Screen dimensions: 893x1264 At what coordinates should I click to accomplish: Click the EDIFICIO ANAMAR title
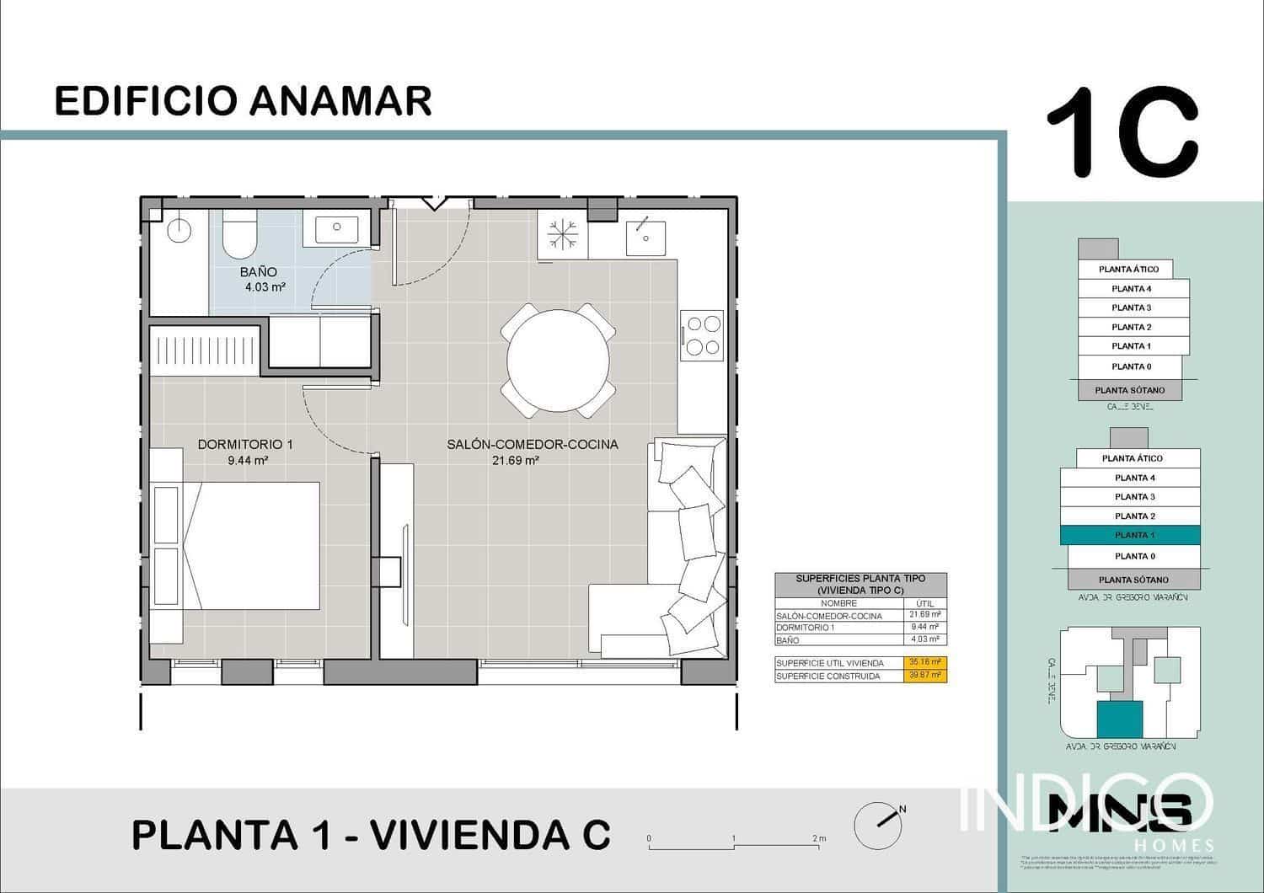coord(243,100)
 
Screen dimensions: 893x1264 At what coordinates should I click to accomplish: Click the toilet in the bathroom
coord(239,234)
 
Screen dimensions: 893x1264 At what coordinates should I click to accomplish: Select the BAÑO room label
coord(258,272)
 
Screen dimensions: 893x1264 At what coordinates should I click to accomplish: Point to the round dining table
coord(558,361)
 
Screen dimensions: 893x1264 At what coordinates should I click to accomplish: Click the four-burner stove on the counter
coord(702,334)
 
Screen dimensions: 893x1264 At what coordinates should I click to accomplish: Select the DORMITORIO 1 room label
coord(245,444)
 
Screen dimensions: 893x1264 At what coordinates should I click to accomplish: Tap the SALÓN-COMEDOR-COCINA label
coord(532,444)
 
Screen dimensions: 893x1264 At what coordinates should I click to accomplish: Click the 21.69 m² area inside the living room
coord(515,461)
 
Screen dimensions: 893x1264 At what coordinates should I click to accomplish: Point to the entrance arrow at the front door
coord(435,202)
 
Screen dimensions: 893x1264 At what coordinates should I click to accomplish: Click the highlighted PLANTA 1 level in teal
coord(1129,535)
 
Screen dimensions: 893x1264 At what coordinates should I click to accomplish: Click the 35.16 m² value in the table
coord(924,662)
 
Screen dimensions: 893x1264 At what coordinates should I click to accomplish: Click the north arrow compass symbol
coord(879,824)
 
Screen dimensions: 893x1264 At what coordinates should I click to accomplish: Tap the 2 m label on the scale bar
coord(819,838)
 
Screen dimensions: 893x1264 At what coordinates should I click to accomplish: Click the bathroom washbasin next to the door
coord(336,227)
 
